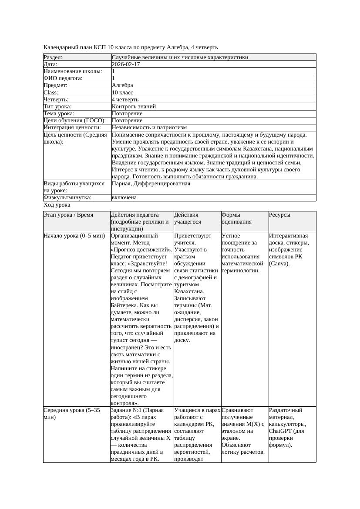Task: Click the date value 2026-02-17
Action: (126, 64)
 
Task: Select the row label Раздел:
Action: (53, 57)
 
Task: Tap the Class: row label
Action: (51, 92)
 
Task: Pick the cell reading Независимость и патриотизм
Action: (149, 127)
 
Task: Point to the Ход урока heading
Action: (57, 205)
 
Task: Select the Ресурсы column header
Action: (279, 215)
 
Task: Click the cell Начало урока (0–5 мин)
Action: (74, 236)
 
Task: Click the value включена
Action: (124, 198)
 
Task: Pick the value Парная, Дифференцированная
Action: (151, 184)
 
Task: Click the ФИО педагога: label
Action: (63, 78)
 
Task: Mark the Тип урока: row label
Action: (57, 106)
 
